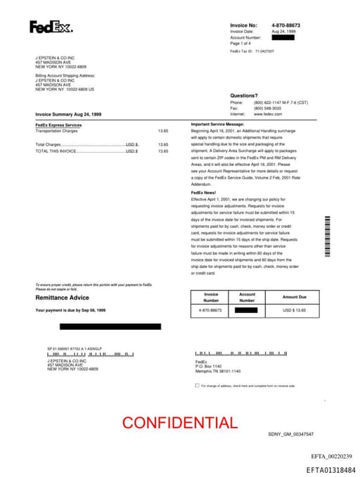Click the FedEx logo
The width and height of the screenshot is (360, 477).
pyautogui.click(x=50, y=27)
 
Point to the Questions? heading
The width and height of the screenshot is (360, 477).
pyautogui.click(x=243, y=95)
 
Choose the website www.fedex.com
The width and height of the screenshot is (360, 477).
pyautogui.click(x=268, y=114)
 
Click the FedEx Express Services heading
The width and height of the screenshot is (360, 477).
pyautogui.click(x=58, y=125)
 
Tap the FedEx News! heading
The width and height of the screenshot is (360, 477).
pyautogui.click(x=205, y=192)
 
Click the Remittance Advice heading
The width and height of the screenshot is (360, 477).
pyautogui.click(x=62, y=298)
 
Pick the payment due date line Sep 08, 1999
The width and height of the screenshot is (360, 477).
pyautogui.click(x=70, y=310)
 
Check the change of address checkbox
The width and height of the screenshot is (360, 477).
pyautogui.click(x=197, y=386)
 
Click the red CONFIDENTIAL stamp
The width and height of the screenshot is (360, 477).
pyautogui.click(x=179, y=423)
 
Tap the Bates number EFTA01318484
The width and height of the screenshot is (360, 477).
pyautogui.click(x=330, y=469)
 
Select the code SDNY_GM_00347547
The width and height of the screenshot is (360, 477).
pyautogui.click(x=290, y=434)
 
